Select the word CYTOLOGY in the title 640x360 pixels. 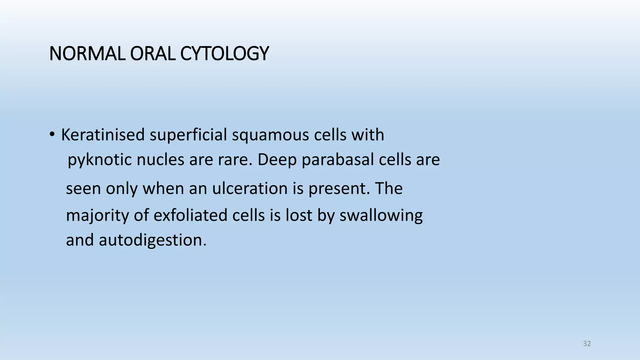click(224, 53)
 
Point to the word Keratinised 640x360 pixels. click(103, 135)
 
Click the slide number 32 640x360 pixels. click(587, 344)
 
